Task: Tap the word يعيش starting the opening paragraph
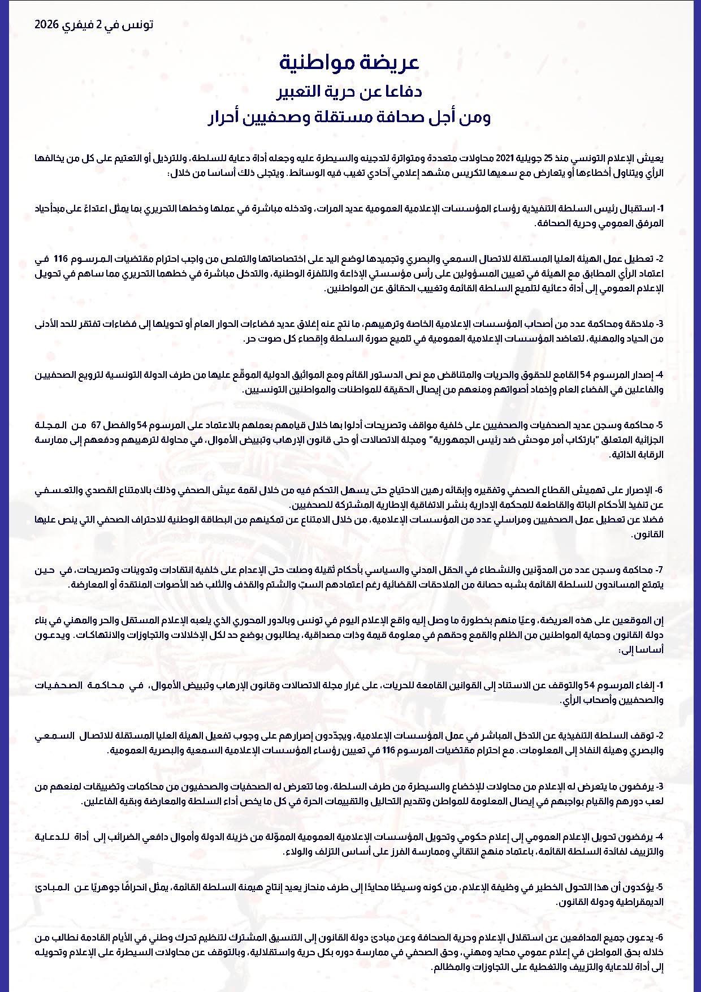click(652, 158)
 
